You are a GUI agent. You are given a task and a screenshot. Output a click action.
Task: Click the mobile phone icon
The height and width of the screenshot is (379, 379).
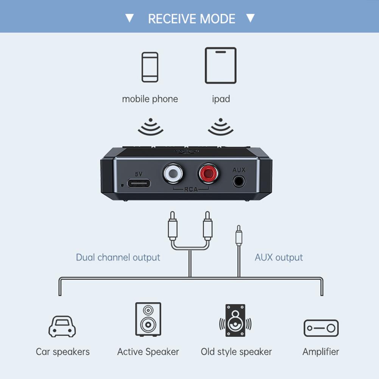click(x=150, y=67)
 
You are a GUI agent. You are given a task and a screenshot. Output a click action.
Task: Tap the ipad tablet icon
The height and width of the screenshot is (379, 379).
click(x=220, y=65)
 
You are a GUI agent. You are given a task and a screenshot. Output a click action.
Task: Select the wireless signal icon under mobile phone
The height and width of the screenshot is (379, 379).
click(x=150, y=126)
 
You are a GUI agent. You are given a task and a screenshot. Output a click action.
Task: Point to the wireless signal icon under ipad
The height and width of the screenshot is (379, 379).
click(x=220, y=126)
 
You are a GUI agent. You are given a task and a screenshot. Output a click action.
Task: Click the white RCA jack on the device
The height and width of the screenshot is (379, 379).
click(x=173, y=174)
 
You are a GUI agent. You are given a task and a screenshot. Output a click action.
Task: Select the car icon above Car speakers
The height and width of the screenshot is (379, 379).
click(x=62, y=327)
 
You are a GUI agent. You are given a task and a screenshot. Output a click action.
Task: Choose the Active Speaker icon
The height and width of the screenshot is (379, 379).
click(x=148, y=320)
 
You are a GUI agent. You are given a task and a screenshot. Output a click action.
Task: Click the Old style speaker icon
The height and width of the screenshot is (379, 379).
click(x=236, y=320)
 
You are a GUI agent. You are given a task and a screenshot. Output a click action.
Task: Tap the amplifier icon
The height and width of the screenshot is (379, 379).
click(x=321, y=328)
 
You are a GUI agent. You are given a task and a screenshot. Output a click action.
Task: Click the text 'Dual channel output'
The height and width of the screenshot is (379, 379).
click(x=118, y=257)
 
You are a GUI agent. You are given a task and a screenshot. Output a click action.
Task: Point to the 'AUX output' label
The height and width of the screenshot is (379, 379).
click(x=279, y=257)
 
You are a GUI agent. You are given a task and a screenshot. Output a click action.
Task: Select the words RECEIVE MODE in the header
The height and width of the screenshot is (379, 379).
click(x=192, y=19)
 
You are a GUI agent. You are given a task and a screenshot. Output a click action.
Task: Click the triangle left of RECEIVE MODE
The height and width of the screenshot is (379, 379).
click(x=130, y=18)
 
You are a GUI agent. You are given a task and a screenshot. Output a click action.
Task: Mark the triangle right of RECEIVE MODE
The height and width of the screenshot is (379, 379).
click(x=250, y=18)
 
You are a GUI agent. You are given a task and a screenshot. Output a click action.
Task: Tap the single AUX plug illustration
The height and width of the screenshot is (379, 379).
click(x=239, y=237)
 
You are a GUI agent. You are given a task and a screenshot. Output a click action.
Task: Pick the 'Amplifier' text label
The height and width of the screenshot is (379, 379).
click(x=321, y=352)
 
